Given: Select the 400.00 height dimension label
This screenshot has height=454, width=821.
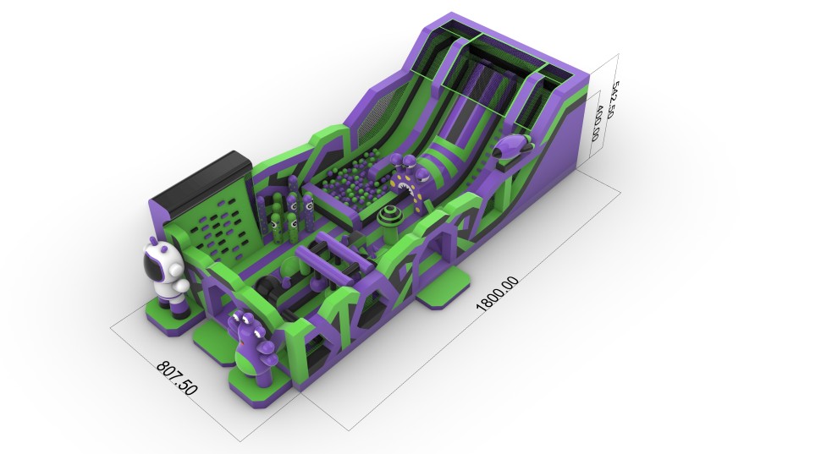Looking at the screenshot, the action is pos(597,123).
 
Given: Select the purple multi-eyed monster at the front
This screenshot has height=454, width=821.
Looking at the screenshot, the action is pos(253,347).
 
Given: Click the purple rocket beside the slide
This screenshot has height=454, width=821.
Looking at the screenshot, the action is pos(513,146).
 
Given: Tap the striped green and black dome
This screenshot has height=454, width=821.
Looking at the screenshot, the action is pos(389,218).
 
